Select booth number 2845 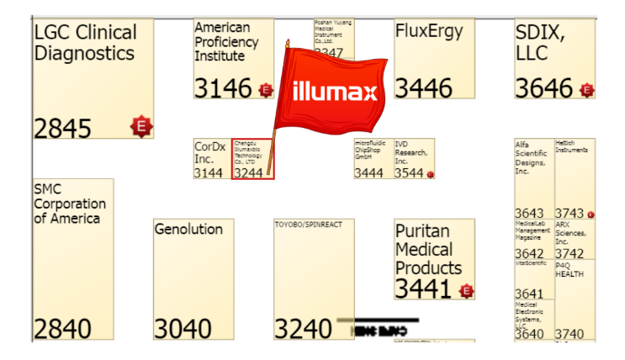[62, 128]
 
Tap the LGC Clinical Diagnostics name [84, 43]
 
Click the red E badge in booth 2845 [141, 127]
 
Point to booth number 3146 [223, 88]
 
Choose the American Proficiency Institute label [227, 42]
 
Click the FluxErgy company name [429, 32]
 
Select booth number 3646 [543, 88]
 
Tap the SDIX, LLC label [540, 43]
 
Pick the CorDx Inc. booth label [210, 152]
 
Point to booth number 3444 [368, 173]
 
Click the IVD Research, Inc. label [411, 152]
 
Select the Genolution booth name [188, 229]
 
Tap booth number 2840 [62, 329]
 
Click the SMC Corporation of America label [70, 204]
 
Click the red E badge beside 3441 [467, 291]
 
